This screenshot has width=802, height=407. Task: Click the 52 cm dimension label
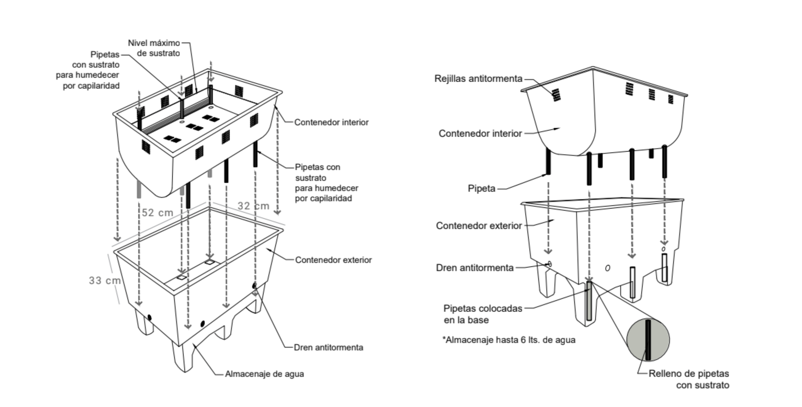point(157,213)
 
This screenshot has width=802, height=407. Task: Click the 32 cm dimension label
point(253,206)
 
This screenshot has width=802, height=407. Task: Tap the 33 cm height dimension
point(104,281)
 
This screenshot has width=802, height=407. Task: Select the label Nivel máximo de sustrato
point(154,48)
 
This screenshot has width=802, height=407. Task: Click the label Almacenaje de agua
point(264,374)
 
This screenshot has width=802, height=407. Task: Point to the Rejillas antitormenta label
point(478,79)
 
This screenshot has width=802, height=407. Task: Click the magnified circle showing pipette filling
point(648,340)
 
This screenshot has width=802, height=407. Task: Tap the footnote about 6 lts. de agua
point(509,340)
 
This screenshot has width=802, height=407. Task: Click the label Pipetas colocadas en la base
point(483,314)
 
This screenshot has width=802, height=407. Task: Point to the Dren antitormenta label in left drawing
point(328,347)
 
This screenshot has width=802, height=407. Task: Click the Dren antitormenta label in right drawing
point(475,268)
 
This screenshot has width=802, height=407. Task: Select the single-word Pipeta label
point(482,189)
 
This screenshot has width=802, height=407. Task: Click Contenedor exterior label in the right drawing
point(479,226)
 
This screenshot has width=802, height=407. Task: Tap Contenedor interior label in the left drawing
point(331,122)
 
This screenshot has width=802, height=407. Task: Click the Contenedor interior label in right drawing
point(480,134)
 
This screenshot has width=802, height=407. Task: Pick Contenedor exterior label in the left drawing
point(333,260)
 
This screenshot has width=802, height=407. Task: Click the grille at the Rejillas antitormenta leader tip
point(556,95)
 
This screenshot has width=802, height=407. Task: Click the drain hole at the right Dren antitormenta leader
point(549,264)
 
